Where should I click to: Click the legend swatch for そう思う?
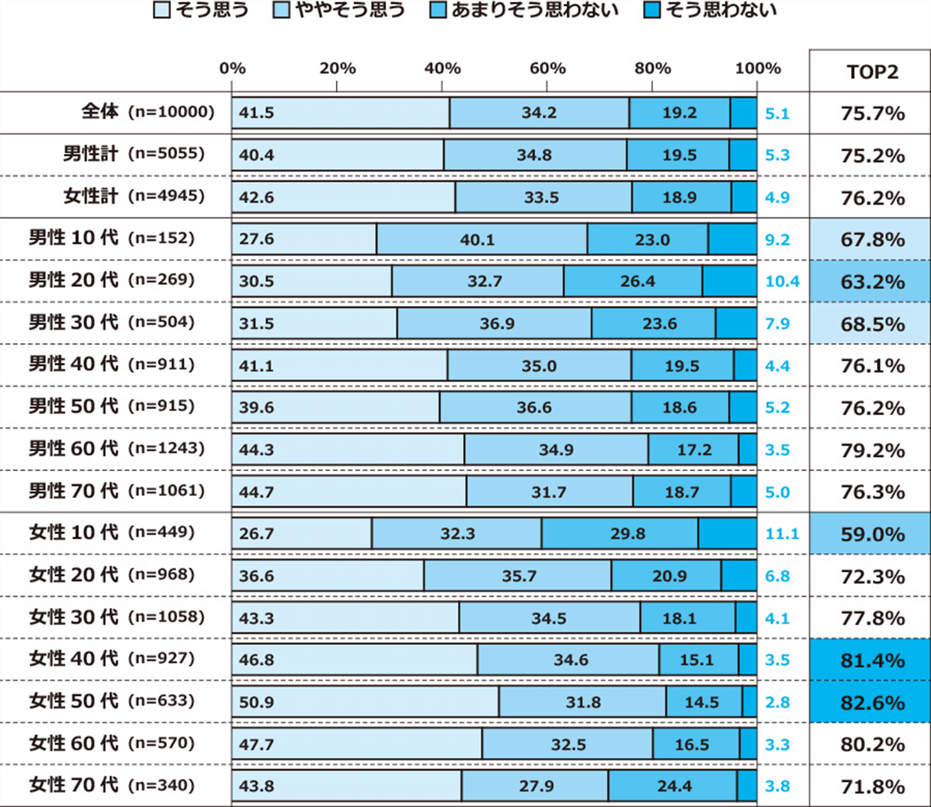[x=162, y=10]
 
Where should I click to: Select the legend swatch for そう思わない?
[x=652, y=10]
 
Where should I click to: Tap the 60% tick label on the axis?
[x=547, y=68]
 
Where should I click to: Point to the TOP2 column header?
[x=872, y=72]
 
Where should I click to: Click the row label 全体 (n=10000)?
[x=148, y=112]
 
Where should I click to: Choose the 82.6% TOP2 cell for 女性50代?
[x=872, y=703]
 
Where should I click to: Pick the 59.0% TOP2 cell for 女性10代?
[x=872, y=534]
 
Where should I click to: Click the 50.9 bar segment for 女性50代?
[x=365, y=701]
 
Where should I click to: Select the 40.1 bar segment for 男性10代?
[x=482, y=239]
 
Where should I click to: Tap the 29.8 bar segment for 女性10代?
[x=620, y=533]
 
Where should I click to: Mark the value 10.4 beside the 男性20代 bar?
[x=782, y=281]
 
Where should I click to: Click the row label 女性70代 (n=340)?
[x=112, y=785]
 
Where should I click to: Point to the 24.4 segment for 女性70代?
[x=672, y=785]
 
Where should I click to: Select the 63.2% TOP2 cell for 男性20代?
[x=872, y=282]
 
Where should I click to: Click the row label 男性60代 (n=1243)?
[x=117, y=448]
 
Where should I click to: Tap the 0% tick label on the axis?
[x=232, y=68]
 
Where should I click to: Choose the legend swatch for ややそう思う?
[x=281, y=10]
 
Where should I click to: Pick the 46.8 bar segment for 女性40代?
[x=354, y=659]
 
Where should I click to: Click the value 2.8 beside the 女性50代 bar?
[x=777, y=703]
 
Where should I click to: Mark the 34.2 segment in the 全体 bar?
[x=539, y=112]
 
